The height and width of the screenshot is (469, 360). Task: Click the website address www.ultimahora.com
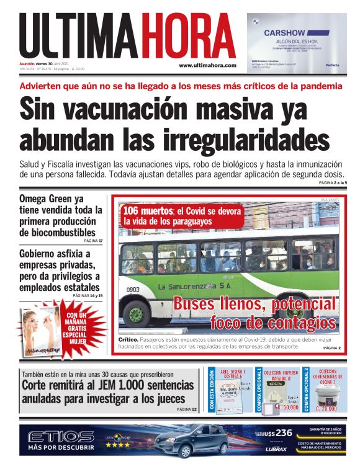tap(207, 65)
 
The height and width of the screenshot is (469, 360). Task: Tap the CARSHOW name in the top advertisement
tap(288, 33)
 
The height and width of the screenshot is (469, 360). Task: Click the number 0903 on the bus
tap(133, 290)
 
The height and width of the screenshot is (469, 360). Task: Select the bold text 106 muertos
tap(148, 211)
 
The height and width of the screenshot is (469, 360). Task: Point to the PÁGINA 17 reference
tap(92, 240)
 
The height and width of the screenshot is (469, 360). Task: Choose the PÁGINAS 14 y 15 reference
tap(88, 296)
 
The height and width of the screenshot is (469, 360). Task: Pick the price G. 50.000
tap(284, 408)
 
